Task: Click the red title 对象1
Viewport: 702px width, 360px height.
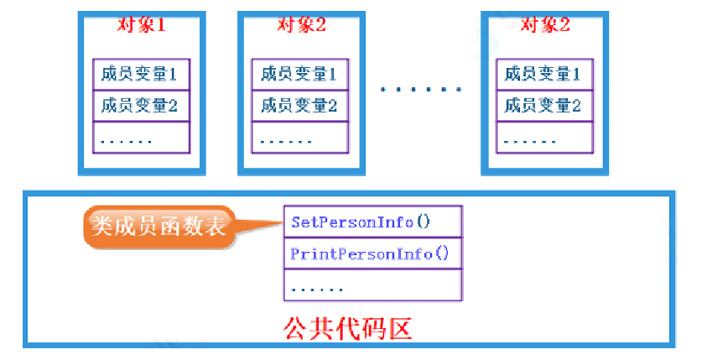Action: point(141,24)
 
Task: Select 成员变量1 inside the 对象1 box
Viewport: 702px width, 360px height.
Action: point(140,75)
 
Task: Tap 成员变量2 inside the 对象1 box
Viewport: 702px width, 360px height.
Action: point(140,106)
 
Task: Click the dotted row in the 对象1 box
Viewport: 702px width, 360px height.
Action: point(140,138)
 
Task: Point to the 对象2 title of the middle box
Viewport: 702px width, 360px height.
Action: point(300,24)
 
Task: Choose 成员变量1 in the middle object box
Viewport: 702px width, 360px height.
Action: point(299,75)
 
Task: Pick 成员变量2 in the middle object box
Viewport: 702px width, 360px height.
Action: point(299,106)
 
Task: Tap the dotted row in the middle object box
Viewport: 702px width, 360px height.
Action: point(299,138)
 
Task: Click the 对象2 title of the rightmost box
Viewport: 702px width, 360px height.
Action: point(544,24)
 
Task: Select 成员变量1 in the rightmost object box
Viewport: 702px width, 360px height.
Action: point(543,75)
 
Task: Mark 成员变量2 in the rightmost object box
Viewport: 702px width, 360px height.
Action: point(543,106)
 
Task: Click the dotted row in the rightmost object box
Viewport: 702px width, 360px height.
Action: point(543,138)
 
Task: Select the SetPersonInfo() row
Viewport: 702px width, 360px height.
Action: point(372,222)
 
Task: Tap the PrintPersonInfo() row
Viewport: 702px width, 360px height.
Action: point(372,253)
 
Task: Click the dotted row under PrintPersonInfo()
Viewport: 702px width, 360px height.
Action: point(372,286)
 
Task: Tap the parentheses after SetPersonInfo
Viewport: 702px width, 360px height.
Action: point(423,222)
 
